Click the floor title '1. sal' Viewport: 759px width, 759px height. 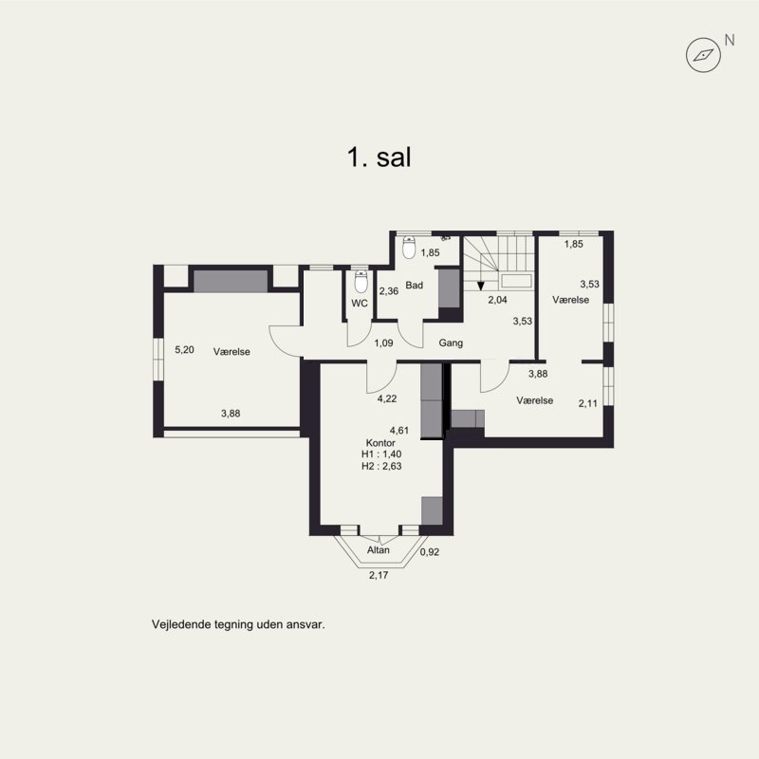[x=379, y=157]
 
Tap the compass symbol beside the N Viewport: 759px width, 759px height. [x=703, y=55]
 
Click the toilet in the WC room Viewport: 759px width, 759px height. [x=361, y=282]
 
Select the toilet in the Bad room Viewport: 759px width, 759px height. [x=409, y=248]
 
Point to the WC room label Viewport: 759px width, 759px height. [x=360, y=304]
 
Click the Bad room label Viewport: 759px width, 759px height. [x=415, y=286]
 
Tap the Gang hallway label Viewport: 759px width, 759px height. [x=451, y=343]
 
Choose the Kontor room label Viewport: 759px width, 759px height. [x=380, y=443]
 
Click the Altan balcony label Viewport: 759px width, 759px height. [x=378, y=550]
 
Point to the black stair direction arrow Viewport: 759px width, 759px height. [x=480, y=287]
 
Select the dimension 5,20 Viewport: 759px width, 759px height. [x=184, y=349]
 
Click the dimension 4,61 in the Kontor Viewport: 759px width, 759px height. [x=399, y=431]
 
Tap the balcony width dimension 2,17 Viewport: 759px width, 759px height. [x=379, y=576]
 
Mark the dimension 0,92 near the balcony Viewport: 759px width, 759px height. [x=430, y=552]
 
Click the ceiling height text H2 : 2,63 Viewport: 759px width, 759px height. [x=381, y=466]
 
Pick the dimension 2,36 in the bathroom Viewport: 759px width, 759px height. [x=389, y=291]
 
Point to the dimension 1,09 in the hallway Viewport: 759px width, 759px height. [x=383, y=343]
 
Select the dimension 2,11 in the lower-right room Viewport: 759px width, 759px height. [x=588, y=404]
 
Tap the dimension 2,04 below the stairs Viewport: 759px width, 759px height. [x=497, y=300]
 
